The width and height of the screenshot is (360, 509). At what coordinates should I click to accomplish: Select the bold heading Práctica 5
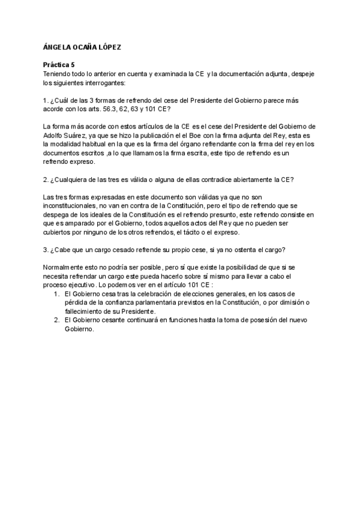click(59, 63)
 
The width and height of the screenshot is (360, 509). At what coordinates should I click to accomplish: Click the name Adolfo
click(55, 136)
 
